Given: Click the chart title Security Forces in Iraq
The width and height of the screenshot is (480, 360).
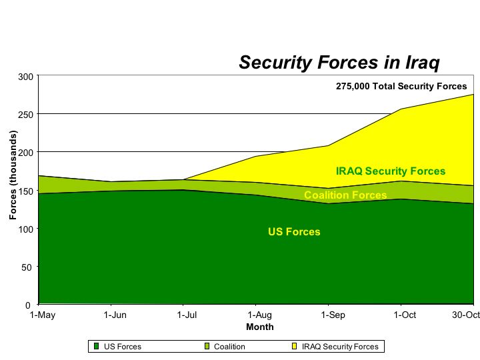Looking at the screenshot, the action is pyautogui.click(x=339, y=63).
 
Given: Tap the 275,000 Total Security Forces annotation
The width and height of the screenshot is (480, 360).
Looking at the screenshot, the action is pyautogui.click(x=401, y=86).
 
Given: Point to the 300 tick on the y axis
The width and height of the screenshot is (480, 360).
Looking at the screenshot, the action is pyautogui.click(x=26, y=77).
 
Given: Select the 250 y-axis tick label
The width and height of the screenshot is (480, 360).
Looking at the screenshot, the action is pyautogui.click(x=26, y=115).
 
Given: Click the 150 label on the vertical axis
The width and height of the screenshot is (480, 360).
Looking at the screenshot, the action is pyautogui.click(x=26, y=191).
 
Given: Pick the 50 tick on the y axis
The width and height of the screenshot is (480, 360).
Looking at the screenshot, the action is pyautogui.click(x=27, y=267).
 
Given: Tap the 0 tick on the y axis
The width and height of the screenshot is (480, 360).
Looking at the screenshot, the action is pyautogui.click(x=28, y=305).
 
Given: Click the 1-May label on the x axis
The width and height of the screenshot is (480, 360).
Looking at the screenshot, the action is pyautogui.click(x=43, y=315).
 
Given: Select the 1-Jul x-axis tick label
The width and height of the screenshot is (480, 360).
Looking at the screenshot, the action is pyautogui.click(x=187, y=315).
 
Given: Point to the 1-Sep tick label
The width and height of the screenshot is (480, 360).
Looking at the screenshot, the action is pyautogui.click(x=333, y=315).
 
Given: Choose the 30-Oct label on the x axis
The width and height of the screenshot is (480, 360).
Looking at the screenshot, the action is pyautogui.click(x=466, y=315).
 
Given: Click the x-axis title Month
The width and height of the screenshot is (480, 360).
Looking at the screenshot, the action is pyautogui.click(x=260, y=327).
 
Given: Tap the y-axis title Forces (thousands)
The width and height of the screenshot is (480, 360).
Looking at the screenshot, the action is pyautogui.click(x=13, y=175).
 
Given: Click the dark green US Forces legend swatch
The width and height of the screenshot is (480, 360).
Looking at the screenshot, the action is pyautogui.click(x=97, y=346).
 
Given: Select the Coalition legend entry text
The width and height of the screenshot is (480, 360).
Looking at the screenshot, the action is pyautogui.click(x=229, y=347).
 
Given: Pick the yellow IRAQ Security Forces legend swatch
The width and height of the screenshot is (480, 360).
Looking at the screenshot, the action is pyautogui.click(x=295, y=346).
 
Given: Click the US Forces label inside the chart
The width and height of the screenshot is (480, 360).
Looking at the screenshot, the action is pyautogui.click(x=294, y=232).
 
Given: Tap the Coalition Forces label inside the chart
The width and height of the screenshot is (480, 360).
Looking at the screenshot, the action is pyautogui.click(x=345, y=195).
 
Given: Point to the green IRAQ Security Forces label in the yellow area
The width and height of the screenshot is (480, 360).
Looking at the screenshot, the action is pyautogui.click(x=391, y=171).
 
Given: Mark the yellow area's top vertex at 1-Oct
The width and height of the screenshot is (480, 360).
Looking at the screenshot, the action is pyautogui.click(x=401, y=109).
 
